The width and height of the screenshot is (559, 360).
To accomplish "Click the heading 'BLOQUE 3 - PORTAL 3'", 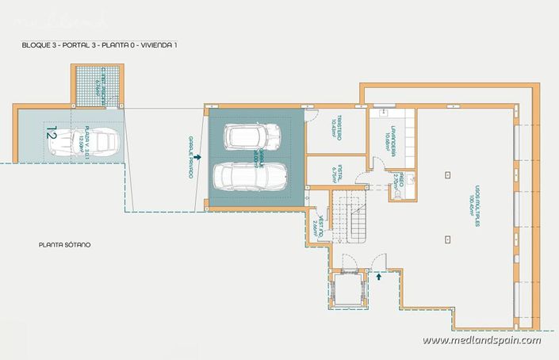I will pos(99,45).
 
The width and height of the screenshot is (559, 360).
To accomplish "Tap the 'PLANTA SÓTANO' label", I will pos(65,245).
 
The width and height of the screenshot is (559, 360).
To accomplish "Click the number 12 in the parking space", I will pos(52,133).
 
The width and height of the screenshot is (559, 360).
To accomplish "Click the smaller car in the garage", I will pos(253,136).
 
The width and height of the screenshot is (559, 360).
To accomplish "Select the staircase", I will pos(350,216).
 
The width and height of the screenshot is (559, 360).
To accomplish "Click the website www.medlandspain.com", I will pos(481,341).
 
